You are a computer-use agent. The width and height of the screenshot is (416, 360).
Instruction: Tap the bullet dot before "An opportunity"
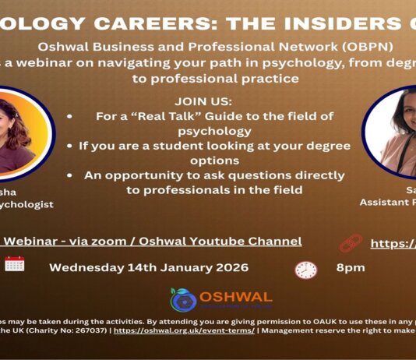[71, 175]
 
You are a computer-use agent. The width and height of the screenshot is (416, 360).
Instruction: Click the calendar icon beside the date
[15, 264]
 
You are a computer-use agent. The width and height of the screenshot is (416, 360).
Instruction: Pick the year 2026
[227, 267]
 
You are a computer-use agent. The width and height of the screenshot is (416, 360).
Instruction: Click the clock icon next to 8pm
[306, 270]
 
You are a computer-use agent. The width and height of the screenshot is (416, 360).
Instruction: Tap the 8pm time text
[351, 267]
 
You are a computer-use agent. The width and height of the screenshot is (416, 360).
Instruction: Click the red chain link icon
[351, 243]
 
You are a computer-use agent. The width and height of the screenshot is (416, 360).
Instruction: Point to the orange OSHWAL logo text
[234, 297]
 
